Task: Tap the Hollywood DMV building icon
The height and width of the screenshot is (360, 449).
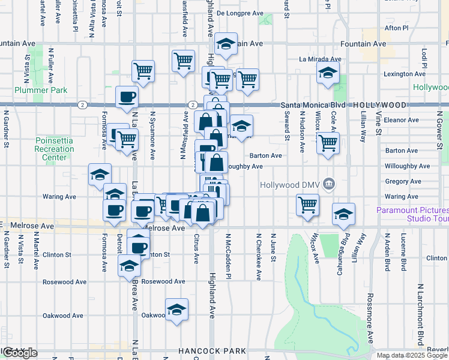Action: click(x=328, y=184)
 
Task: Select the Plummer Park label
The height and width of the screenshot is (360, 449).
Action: click(x=41, y=90)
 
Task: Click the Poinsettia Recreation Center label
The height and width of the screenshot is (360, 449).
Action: click(x=54, y=149)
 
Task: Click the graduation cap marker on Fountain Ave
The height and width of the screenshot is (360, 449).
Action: click(x=226, y=44)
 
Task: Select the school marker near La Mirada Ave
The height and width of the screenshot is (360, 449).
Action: click(x=328, y=74)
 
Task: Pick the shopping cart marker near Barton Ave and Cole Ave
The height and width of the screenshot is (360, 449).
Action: click(x=328, y=143)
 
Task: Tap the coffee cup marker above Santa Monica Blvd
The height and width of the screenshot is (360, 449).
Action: click(x=127, y=97)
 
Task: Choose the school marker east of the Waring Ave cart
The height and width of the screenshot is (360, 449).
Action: click(x=343, y=214)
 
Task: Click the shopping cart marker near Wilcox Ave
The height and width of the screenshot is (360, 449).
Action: click(x=307, y=204)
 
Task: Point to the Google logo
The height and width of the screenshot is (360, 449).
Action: click(x=20, y=353)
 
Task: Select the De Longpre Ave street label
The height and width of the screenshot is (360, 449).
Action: click(x=240, y=12)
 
